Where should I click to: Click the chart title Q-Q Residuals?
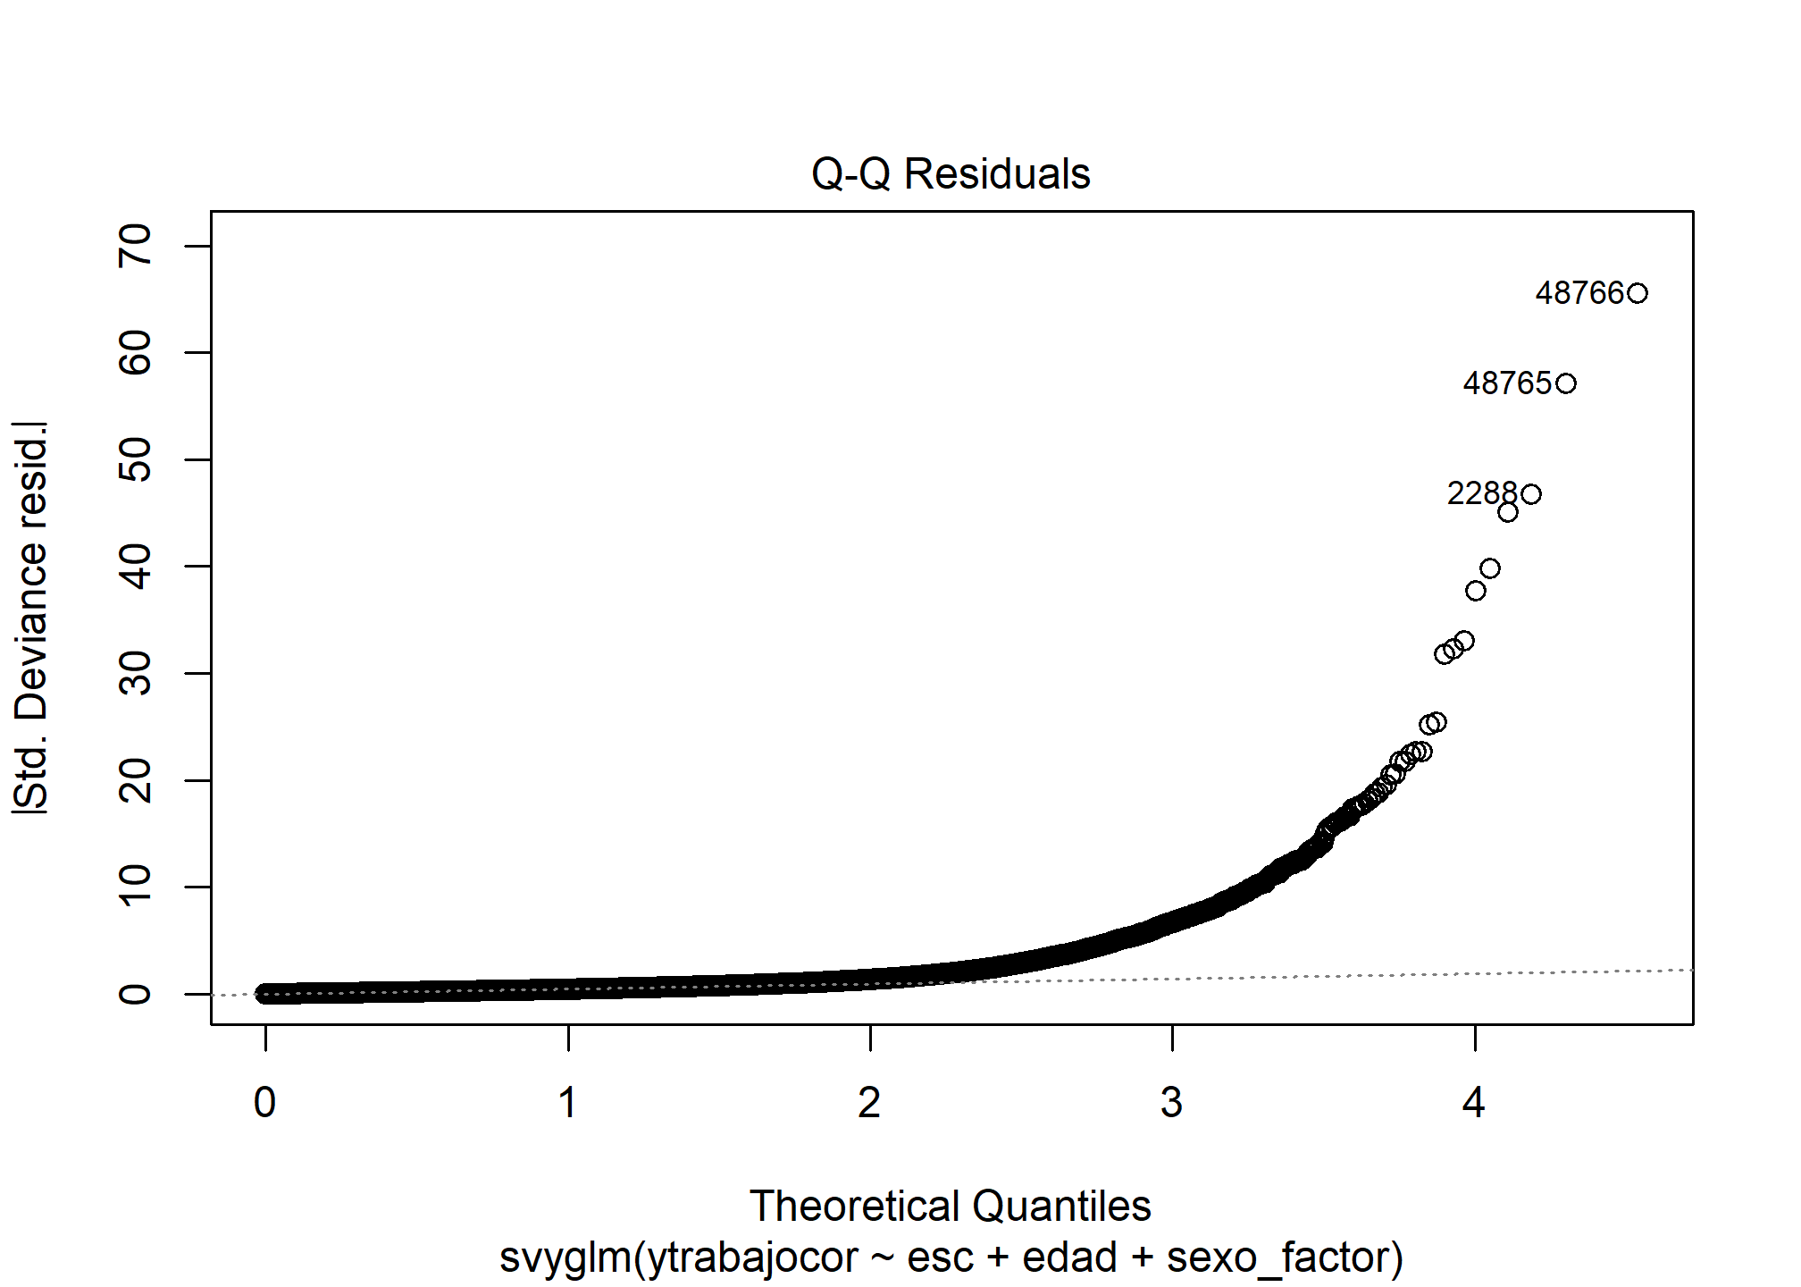tap(951, 174)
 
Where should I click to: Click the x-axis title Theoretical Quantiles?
tap(951, 1207)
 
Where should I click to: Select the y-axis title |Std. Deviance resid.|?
tap(31, 617)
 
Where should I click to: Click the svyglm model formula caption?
tap(951, 1258)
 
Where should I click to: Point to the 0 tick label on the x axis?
tap(265, 1103)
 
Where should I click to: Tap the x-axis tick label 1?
tap(567, 1103)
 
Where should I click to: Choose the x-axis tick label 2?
tap(869, 1103)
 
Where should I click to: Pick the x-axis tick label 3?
tap(1171, 1103)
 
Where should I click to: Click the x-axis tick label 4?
tap(1474, 1103)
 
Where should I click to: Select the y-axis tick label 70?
tap(136, 246)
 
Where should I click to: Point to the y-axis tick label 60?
tap(136, 352)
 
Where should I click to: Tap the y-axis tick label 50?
tap(136, 459)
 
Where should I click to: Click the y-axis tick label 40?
tap(136, 566)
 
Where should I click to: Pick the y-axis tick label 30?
tap(136, 673)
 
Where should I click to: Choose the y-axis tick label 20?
tap(136, 779)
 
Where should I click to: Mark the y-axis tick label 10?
tap(136, 887)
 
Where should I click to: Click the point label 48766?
tap(1579, 293)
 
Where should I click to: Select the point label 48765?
tap(1507, 383)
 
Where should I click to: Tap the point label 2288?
tap(1482, 493)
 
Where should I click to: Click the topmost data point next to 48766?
tap(1638, 293)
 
